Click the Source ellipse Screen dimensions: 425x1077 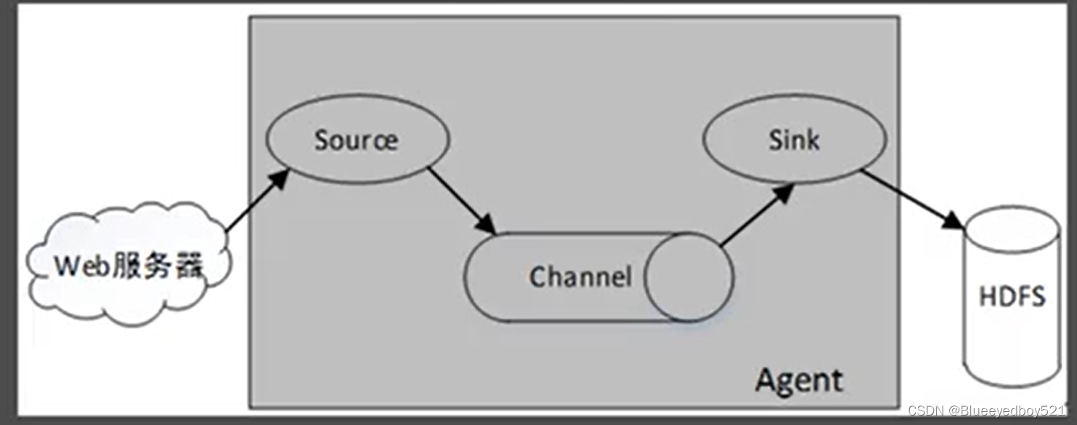pyautogui.click(x=357, y=139)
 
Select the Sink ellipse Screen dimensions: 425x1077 pyautogui.click(x=794, y=139)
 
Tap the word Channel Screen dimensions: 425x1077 pyautogui.click(x=580, y=277)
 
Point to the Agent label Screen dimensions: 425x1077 pyautogui.click(x=800, y=380)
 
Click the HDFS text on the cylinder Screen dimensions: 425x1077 pyautogui.click(x=1012, y=297)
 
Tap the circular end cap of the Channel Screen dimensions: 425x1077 pyautogui.click(x=688, y=277)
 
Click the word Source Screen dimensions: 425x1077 pyautogui.click(x=356, y=139)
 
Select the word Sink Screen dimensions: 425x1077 pyautogui.click(x=794, y=139)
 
